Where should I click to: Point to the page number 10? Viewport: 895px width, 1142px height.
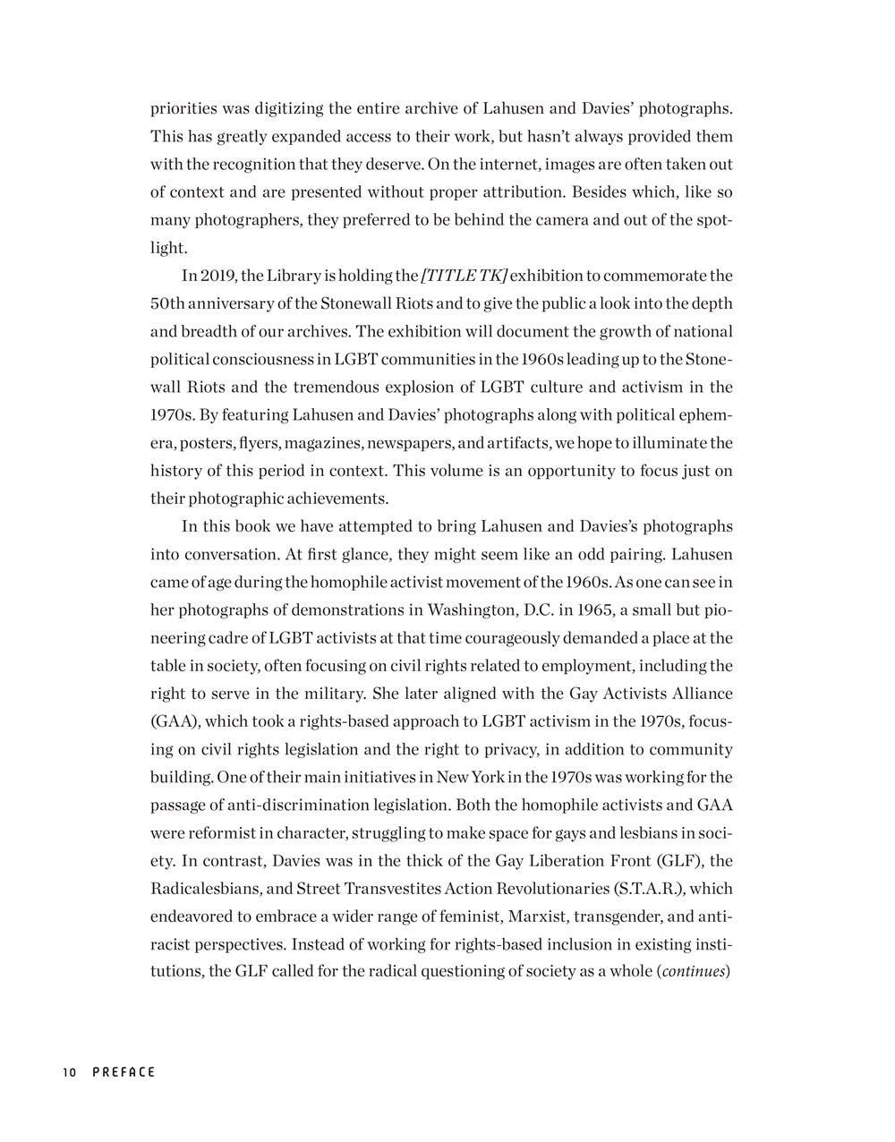[x=71, y=1072]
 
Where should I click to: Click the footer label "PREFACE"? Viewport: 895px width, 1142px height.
[x=124, y=1072]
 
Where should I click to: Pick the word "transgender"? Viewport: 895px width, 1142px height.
[x=618, y=917]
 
